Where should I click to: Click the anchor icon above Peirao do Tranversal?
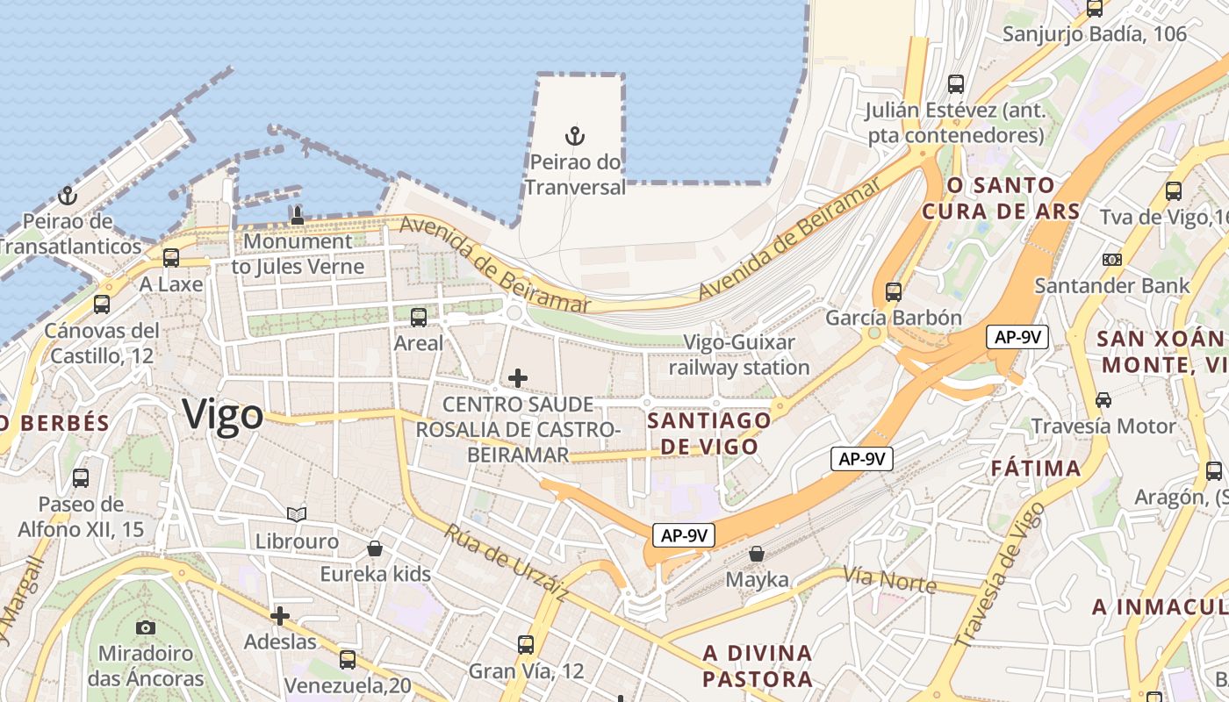575,136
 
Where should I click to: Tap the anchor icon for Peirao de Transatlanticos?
68,196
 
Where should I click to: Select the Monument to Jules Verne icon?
297,215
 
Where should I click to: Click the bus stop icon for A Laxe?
171,258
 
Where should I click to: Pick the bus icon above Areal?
419,317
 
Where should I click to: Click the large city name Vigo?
223,414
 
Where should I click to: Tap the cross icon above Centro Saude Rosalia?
518,378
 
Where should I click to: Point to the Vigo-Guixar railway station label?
739,355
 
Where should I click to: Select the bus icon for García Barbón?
894,291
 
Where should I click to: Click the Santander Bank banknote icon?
1112,260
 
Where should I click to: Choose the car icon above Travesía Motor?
1103,400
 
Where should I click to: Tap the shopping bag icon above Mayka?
757,554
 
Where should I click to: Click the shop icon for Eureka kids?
375,548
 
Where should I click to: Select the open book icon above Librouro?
297,514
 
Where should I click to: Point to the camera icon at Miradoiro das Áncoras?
146,627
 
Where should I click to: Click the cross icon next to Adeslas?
280,616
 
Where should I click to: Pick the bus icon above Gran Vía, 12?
526,645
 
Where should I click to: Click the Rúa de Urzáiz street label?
506,563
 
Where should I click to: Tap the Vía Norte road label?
889,579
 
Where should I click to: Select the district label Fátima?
1036,468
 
